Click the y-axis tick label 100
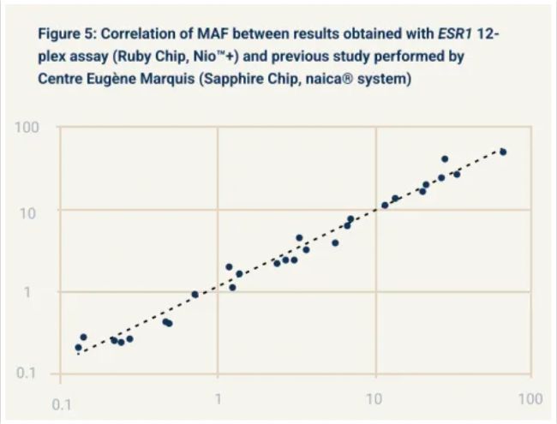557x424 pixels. point(27,128)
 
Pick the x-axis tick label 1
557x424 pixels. point(219,400)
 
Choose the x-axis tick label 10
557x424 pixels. point(374,400)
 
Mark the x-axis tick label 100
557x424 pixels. point(530,400)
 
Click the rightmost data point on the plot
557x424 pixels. point(503,152)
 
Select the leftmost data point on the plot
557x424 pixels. point(78,348)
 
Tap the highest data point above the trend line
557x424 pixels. point(445,159)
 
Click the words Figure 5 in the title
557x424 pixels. point(68,33)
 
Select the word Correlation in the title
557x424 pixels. point(144,33)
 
